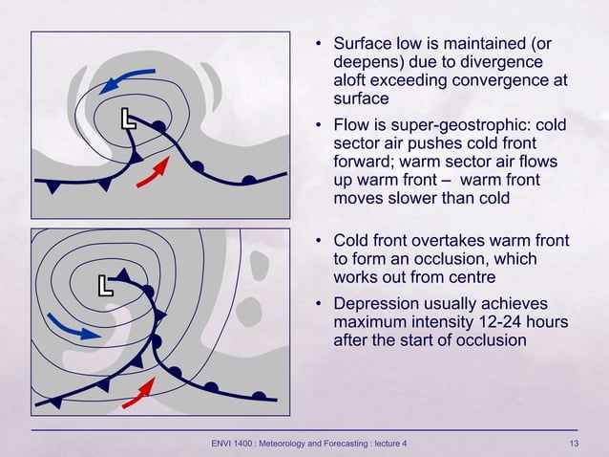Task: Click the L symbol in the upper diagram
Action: [128, 120]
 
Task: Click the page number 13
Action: [573, 443]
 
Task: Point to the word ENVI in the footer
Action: [224, 443]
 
